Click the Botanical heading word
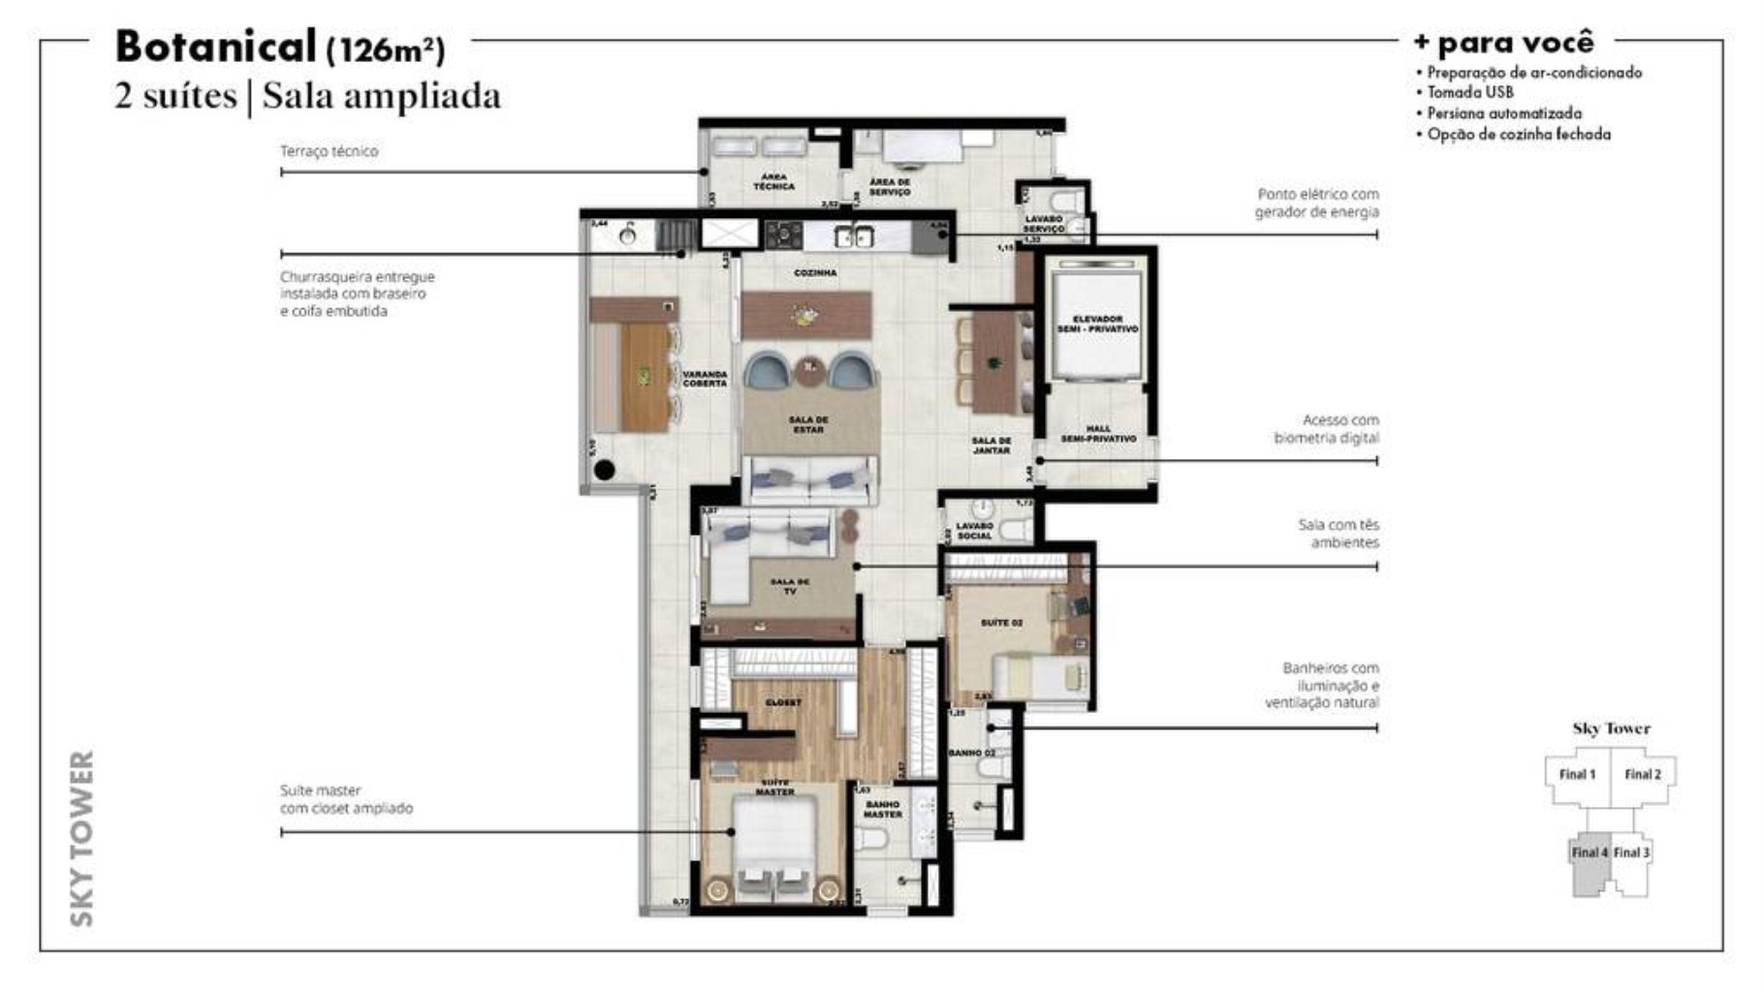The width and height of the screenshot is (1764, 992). (x=215, y=46)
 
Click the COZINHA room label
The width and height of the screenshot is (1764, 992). (x=815, y=273)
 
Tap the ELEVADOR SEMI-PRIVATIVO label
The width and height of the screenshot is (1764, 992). (x=1097, y=324)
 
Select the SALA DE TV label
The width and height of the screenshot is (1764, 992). (x=789, y=586)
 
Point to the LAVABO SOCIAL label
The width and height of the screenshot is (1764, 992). (x=974, y=531)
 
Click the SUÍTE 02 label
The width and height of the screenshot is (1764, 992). (x=1001, y=623)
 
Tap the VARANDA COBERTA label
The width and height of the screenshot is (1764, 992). (x=705, y=379)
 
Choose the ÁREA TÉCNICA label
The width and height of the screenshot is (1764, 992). (x=773, y=181)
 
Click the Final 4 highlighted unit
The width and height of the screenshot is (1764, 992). (x=1590, y=853)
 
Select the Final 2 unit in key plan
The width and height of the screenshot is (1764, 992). (x=1643, y=774)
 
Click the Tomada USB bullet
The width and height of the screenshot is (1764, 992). (x=1469, y=93)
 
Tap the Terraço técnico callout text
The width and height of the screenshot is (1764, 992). (x=329, y=151)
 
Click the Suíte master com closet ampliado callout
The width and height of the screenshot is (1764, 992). (x=346, y=799)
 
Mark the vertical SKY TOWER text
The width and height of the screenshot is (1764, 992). (x=83, y=838)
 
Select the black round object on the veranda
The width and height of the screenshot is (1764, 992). (x=604, y=472)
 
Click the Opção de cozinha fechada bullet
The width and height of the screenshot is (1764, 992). (x=1518, y=135)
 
